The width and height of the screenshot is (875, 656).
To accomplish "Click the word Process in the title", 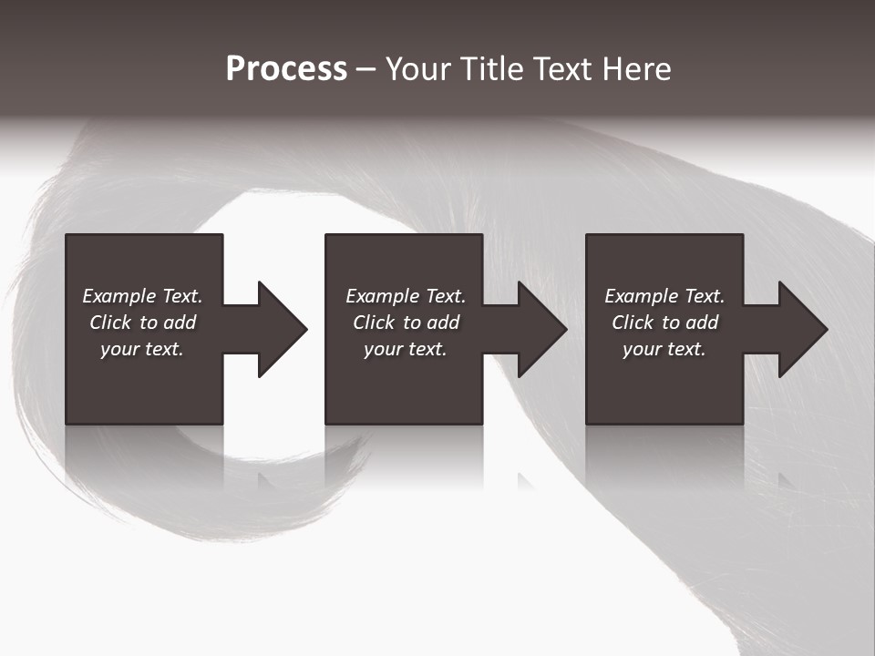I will click(x=286, y=69).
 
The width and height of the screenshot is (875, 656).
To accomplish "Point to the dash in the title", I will click(x=366, y=69).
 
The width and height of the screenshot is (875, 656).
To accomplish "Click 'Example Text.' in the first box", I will click(x=142, y=296).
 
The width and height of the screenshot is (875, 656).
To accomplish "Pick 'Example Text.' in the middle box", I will click(x=406, y=296).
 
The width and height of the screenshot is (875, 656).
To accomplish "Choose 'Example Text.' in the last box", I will click(x=664, y=296).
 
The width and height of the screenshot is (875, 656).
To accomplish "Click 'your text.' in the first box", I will click(x=142, y=349).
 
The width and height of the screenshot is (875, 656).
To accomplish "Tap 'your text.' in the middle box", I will click(x=406, y=349).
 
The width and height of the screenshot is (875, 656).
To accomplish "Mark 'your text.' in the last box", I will click(x=664, y=349).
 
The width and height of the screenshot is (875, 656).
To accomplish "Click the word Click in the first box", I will click(x=110, y=323).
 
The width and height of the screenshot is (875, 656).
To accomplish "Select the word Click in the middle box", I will click(x=374, y=323).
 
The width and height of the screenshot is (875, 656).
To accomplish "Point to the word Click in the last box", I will click(x=633, y=323).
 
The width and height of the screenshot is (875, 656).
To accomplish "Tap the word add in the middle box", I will click(x=443, y=323).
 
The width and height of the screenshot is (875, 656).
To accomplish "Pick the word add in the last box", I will click(x=702, y=323).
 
